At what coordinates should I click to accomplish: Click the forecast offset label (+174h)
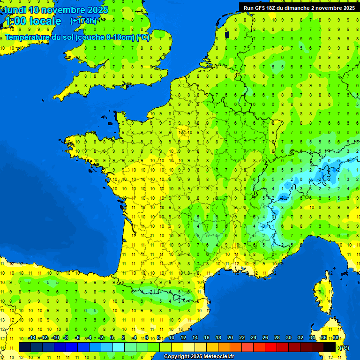click(x=83, y=21)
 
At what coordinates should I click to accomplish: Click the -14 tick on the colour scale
click(x=31, y=338)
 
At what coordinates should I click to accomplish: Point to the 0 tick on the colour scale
click(x=112, y=338)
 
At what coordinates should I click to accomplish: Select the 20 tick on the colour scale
click(x=230, y=338)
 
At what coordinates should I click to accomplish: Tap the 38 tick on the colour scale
click(x=335, y=338)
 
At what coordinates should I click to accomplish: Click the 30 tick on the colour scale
click(x=288, y=338)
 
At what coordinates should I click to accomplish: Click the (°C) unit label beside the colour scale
click(x=344, y=347)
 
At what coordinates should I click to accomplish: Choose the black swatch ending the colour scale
click(x=330, y=347)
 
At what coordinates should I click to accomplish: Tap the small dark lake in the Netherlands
click(x=227, y=34)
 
